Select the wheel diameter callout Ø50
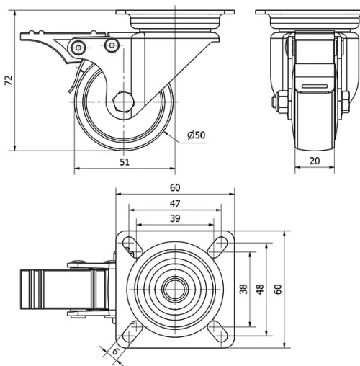click(197, 135)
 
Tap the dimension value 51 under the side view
click(124, 163)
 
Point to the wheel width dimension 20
click(314, 161)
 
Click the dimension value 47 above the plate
click(174, 204)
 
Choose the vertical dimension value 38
click(243, 289)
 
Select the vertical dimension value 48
click(260, 289)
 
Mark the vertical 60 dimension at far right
click(277, 289)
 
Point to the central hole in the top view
click(174, 290)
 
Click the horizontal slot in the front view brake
click(314, 86)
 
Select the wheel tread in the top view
click(32, 290)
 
